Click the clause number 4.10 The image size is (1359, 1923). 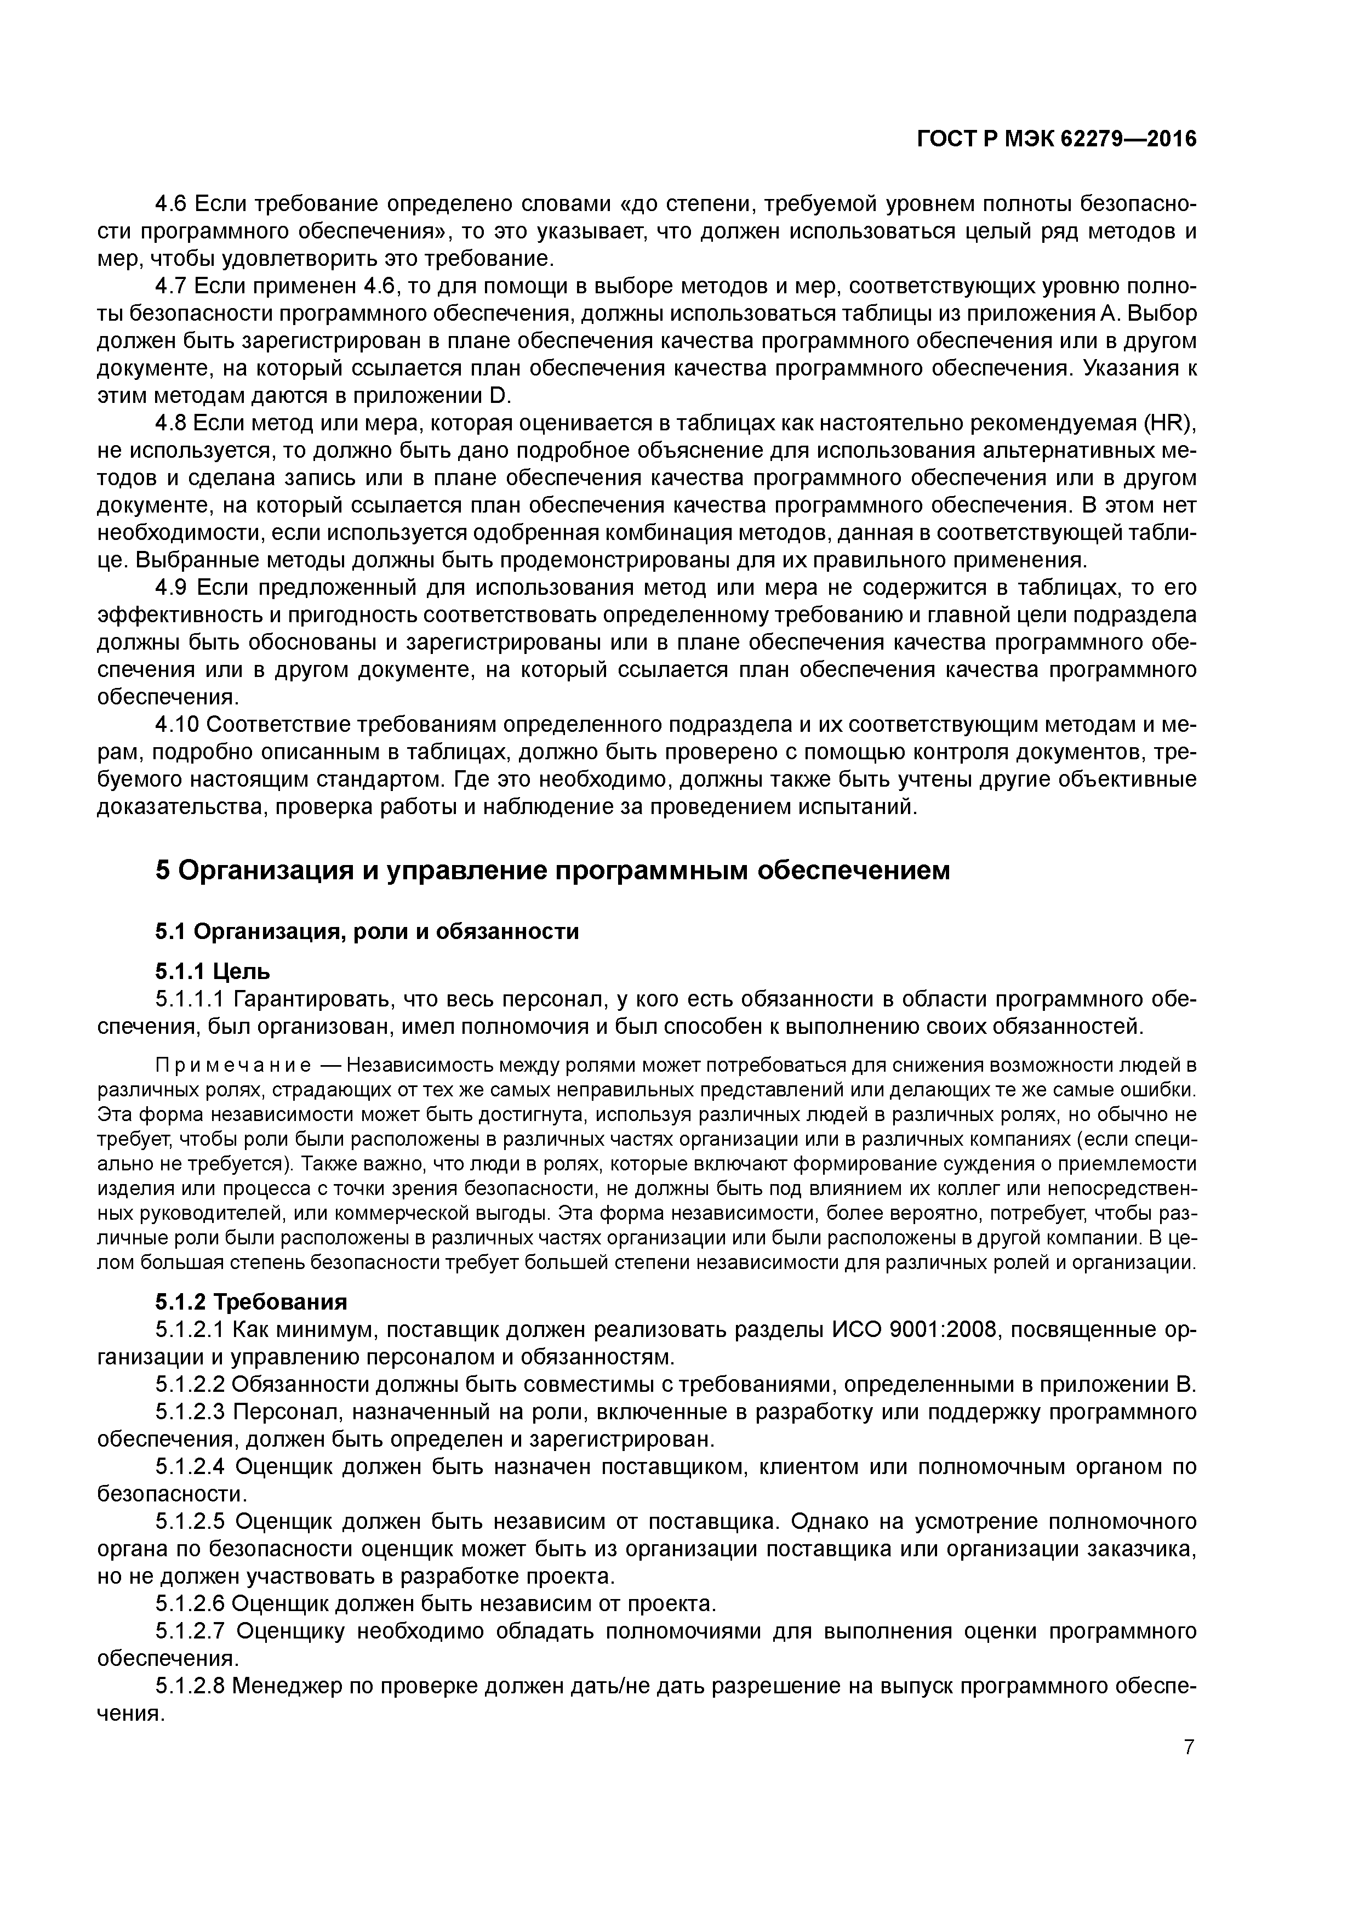click(178, 725)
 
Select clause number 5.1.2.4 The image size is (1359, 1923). click(190, 1466)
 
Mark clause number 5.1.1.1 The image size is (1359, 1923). click(190, 999)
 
